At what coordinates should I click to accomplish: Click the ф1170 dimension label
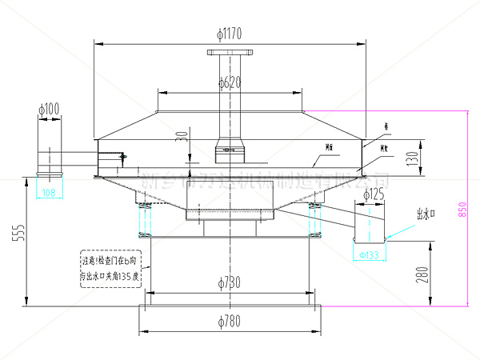tap(230, 33)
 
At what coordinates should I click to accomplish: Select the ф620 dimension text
tap(229, 82)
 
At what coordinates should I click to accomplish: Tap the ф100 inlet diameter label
tap(50, 108)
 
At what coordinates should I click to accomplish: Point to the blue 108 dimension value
tap(49, 192)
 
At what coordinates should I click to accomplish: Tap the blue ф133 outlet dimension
tap(370, 254)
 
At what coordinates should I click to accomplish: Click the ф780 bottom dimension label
tap(230, 322)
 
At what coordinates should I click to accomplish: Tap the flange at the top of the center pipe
tap(230, 54)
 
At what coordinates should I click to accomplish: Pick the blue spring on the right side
tap(314, 220)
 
